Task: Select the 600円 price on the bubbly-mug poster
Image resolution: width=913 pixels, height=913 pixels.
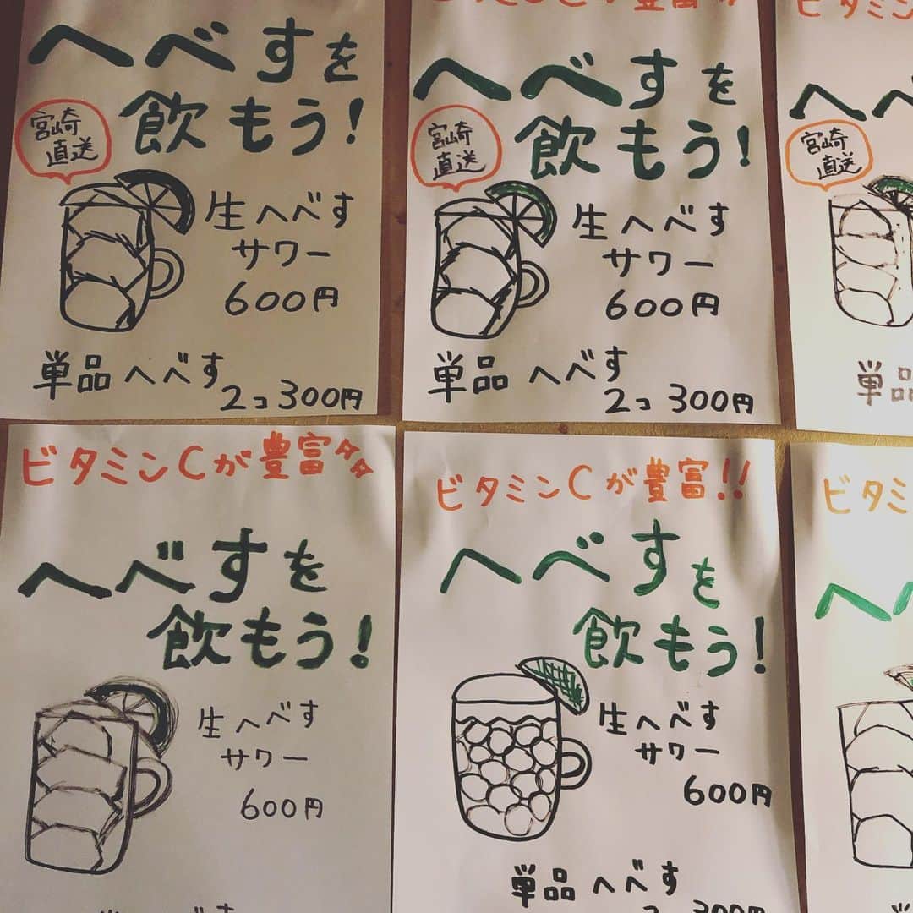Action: click(x=726, y=793)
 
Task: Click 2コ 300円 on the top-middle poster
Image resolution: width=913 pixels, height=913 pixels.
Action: click(x=676, y=401)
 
